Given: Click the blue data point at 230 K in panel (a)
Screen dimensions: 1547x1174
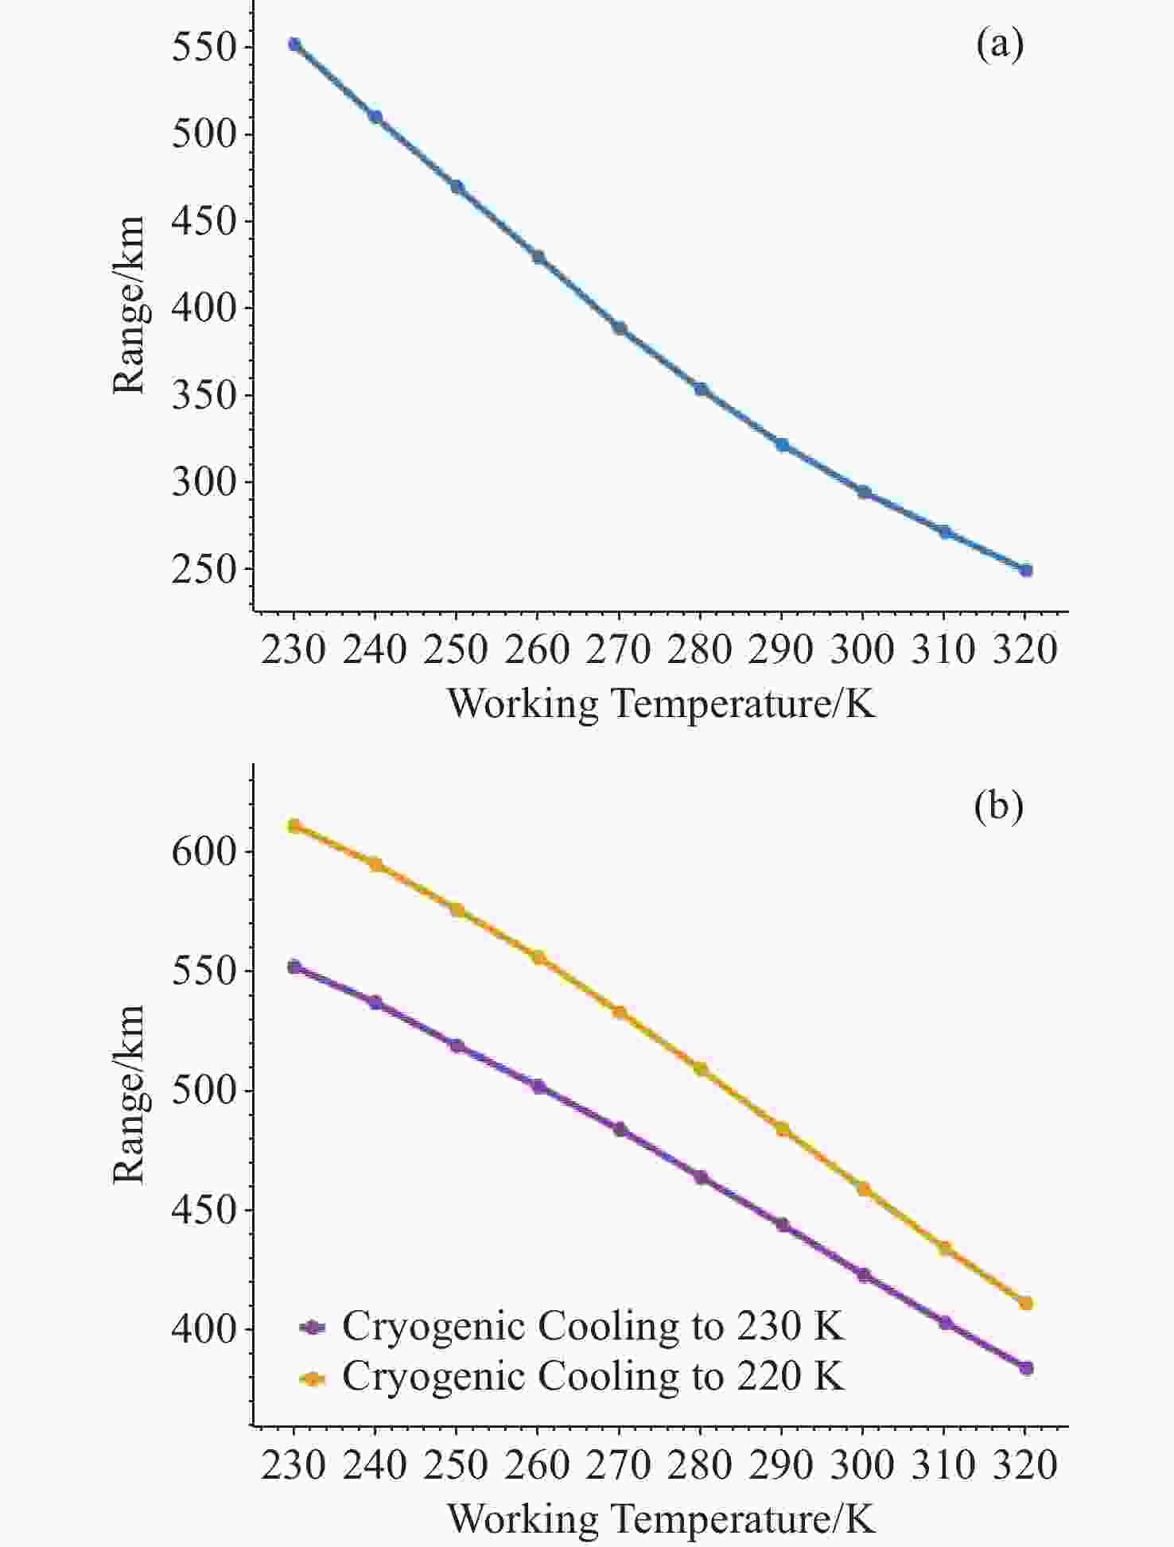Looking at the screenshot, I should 294,45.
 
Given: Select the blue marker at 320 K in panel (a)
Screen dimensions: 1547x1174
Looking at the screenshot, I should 1026,570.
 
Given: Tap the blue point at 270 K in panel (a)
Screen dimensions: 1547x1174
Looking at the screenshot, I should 620,328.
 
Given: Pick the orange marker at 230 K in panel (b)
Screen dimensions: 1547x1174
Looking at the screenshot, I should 294,826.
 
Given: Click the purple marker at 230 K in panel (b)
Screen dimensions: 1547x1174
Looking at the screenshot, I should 294,967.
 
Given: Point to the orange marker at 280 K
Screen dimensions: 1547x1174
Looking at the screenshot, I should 701,1069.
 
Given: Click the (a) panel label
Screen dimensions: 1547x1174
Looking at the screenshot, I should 1000,45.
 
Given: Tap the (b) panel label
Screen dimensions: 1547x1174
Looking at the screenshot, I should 999,807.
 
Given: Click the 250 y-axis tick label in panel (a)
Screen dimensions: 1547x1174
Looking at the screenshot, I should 205,570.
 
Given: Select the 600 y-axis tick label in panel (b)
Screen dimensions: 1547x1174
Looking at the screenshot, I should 205,851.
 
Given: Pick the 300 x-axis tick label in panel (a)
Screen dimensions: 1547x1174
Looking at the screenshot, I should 863,649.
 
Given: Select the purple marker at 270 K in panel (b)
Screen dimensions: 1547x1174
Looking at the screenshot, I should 620,1130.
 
